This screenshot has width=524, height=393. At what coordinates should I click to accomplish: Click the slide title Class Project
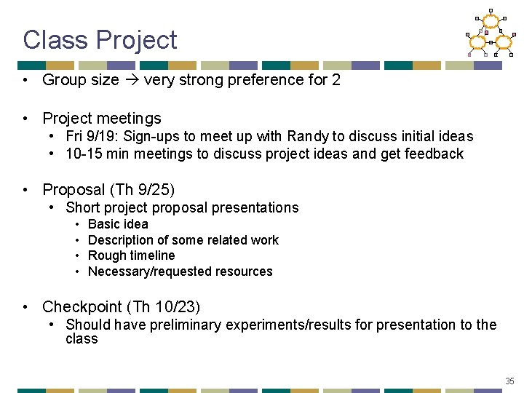coord(100,39)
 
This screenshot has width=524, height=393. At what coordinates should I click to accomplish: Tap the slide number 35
coord(509,381)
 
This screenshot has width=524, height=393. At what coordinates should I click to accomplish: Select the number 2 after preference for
coord(336,80)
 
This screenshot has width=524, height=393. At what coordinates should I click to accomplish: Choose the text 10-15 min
coord(97,154)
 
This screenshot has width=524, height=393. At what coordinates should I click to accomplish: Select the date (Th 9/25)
coord(142,190)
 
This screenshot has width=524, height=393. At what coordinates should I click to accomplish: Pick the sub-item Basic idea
coord(118,224)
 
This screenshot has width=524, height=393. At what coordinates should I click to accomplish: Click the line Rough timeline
coord(131,255)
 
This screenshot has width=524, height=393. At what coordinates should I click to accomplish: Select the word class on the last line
coord(82,339)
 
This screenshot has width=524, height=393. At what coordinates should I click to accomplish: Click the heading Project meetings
coord(102,118)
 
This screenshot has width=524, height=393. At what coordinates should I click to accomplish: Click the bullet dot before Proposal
coord(25,190)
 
